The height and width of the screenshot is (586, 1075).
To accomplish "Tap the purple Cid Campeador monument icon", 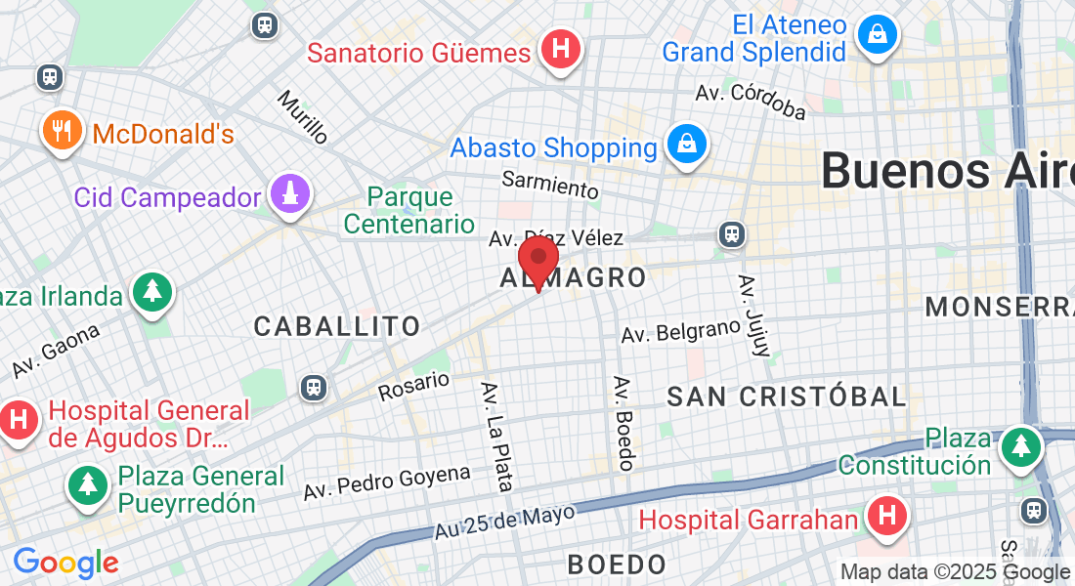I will click(x=289, y=195).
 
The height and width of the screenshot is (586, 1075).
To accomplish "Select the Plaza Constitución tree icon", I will click(x=1021, y=447).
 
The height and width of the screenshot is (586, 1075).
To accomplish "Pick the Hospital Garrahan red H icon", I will click(x=886, y=518).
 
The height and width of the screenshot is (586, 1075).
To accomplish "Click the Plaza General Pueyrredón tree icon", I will click(x=89, y=484).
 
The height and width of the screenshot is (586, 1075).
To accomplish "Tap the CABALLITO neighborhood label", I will click(x=337, y=326).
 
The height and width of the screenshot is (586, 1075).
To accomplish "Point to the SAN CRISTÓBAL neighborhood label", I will click(x=787, y=397).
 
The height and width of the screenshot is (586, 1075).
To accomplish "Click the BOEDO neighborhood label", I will click(x=617, y=564).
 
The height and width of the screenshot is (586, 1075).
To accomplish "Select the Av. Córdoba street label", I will click(x=751, y=103).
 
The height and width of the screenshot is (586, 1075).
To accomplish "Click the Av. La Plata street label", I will click(x=496, y=436).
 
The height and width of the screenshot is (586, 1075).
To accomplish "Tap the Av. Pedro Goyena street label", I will click(x=387, y=481).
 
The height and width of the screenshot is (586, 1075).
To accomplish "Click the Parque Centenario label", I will click(x=408, y=210).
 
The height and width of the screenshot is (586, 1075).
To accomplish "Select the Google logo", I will click(x=65, y=563).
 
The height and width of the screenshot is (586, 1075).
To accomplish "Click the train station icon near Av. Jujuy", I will click(x=730, y=234).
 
